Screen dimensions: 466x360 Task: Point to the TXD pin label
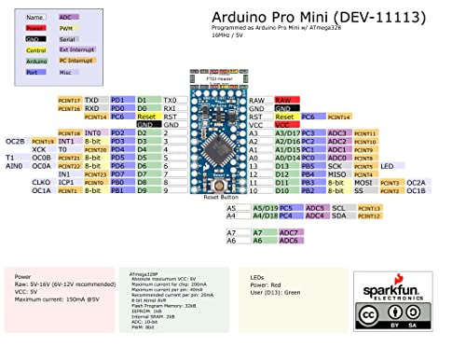coord(91,99)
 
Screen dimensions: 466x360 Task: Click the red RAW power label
coord(284,99)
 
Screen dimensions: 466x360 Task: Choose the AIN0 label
coord(14,166)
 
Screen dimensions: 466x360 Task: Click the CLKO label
coord(40,183)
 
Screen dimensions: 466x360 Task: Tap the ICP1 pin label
coord(66,183)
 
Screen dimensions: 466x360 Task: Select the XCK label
coord(39,149)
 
